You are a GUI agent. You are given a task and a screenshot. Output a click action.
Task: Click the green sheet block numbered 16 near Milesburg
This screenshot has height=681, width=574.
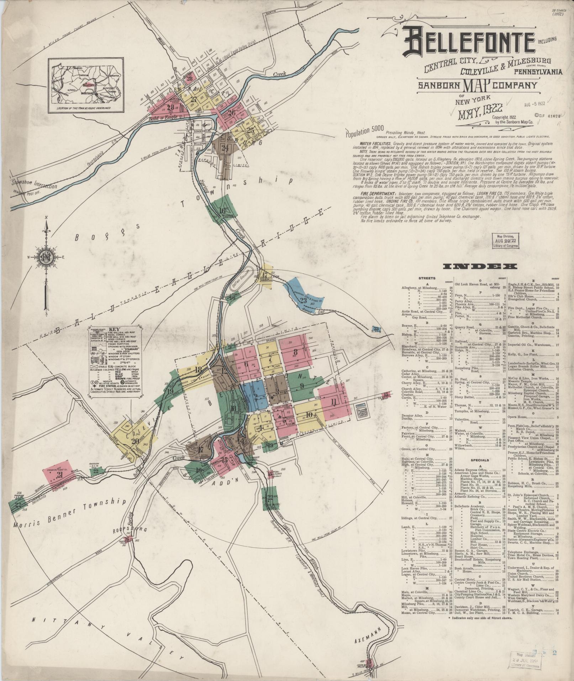point(223,210)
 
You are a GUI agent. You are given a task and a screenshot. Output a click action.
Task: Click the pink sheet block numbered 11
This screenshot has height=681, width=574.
point(333,402)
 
